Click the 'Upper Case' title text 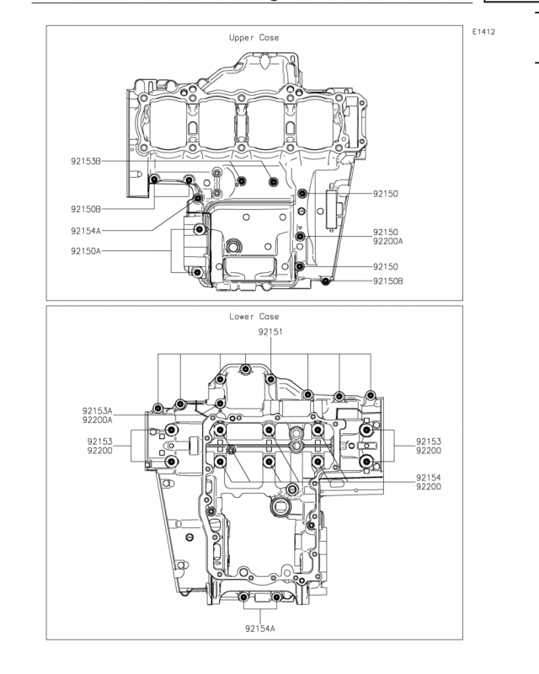[x=254, y=38]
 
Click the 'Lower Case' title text [x=254, y=317]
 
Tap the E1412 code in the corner [x=483, y=32]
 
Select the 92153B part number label [x=86, y=162]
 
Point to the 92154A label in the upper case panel [x=86, y=231]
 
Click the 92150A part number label [x=86, y=251]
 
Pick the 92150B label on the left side [x=86, y=209]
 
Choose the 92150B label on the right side [x=388, y=281]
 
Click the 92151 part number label [x=270, y=332]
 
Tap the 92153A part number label [x=98, y=411]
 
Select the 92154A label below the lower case [x=260, y=629]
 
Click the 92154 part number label [x=429, y=478]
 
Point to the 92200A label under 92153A [x=98, y=420]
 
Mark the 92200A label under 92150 [x=388, y=242]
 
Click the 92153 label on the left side [x=99, y=441]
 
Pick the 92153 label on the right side [x=429, y=441]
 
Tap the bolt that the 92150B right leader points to [x=326, y=281]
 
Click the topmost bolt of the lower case [x=245, y=369]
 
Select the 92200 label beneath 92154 [x=429, y=487]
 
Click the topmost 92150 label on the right [x=386, y=194]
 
